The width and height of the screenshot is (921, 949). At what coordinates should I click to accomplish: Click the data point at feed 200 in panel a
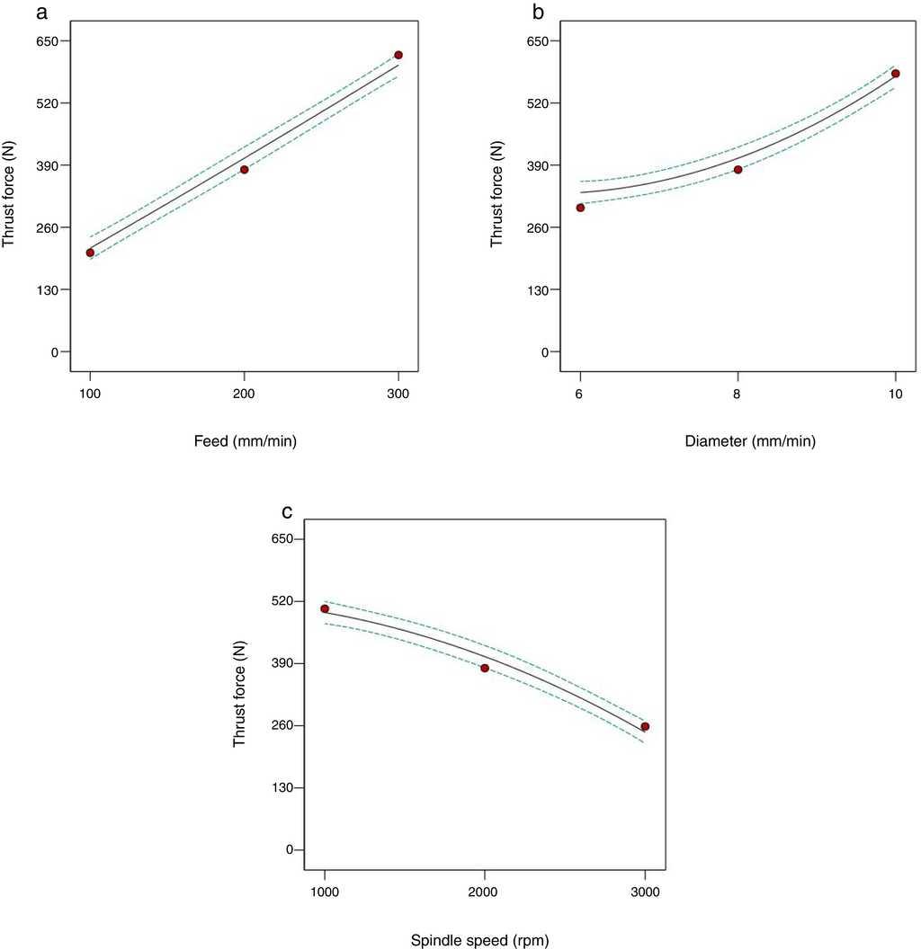click(x=244, y=169)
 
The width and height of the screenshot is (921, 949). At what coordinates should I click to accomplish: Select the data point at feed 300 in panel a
click(x=398, y=55)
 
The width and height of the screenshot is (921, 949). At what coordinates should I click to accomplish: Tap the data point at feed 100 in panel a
click(x=90, y=253)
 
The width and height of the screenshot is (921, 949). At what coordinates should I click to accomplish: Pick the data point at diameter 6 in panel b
click(x=580, y=208)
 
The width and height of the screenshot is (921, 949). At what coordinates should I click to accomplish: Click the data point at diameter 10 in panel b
click(x=895, y=73)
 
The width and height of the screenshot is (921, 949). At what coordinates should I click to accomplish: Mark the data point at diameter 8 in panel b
click(x=738, y=169)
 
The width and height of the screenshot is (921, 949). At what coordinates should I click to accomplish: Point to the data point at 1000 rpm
click(x=325, y=608)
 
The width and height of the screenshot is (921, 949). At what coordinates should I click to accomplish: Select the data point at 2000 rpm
click(x=485, y=668)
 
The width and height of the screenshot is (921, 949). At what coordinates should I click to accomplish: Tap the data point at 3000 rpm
click(x=645, y=726)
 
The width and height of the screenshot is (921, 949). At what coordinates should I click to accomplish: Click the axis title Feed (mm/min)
click(x=245, y=440)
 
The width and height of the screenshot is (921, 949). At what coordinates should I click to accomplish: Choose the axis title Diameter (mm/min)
click(x=737, y=440)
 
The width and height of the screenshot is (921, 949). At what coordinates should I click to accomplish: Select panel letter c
click(x=287, y=512)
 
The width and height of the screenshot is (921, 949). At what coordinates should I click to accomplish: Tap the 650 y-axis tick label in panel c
click(x=292, y=538)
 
